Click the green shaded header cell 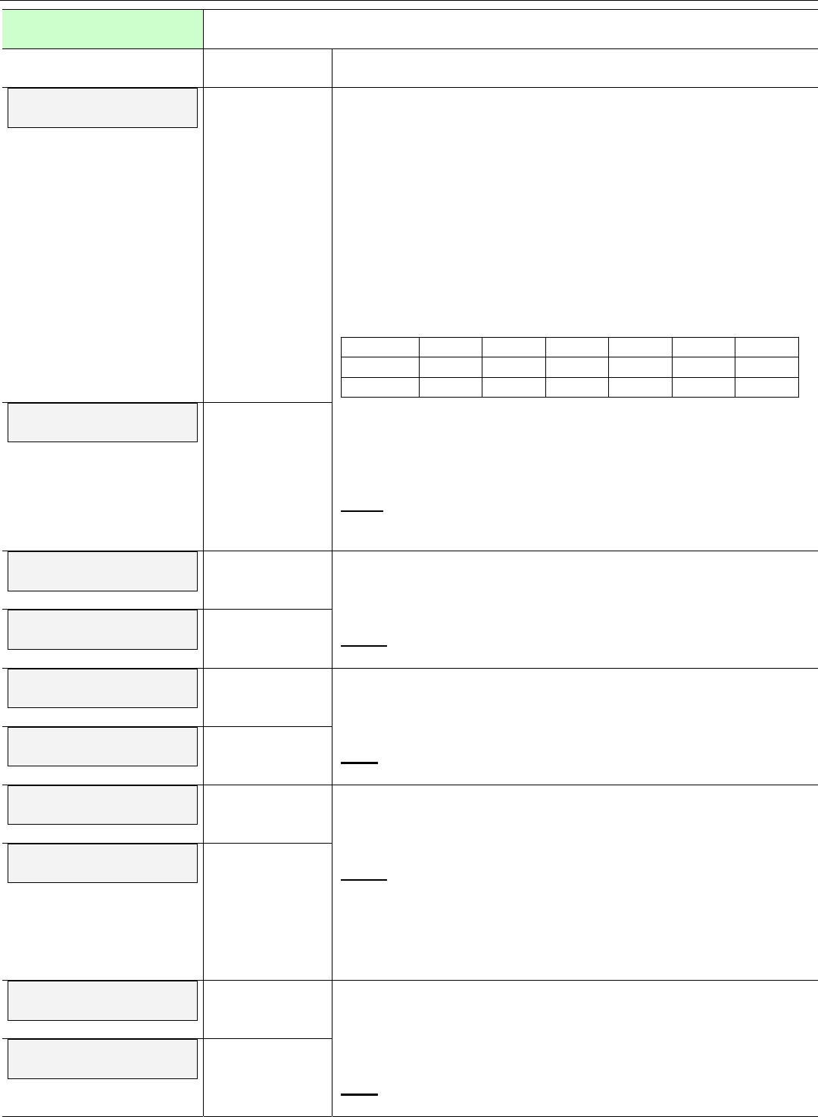102,30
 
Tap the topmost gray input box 102,108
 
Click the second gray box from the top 102,422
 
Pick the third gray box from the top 102,571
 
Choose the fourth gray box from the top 102,629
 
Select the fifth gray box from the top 102,688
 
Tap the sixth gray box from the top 102,746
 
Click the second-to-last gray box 102,1000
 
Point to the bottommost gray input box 102,1059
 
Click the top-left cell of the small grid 380,347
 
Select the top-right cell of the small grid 766,347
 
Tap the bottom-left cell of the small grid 380,387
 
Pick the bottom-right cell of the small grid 766,387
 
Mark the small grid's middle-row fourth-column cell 576,367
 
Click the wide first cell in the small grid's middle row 380,367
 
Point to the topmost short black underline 363,512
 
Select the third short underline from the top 359,763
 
